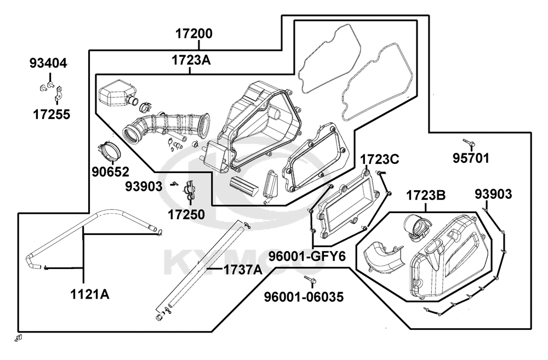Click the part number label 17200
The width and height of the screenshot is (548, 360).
193,34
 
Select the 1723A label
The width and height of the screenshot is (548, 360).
191,60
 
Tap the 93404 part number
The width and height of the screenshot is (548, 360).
48,64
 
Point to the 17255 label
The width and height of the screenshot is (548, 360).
52,115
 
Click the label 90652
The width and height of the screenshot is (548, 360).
111,172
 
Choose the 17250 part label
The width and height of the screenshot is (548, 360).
186,214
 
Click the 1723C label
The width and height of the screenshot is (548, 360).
379,159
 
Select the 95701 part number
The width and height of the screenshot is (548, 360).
471,158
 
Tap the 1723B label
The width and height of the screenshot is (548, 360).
426,196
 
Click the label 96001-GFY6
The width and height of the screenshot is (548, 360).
307,256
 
